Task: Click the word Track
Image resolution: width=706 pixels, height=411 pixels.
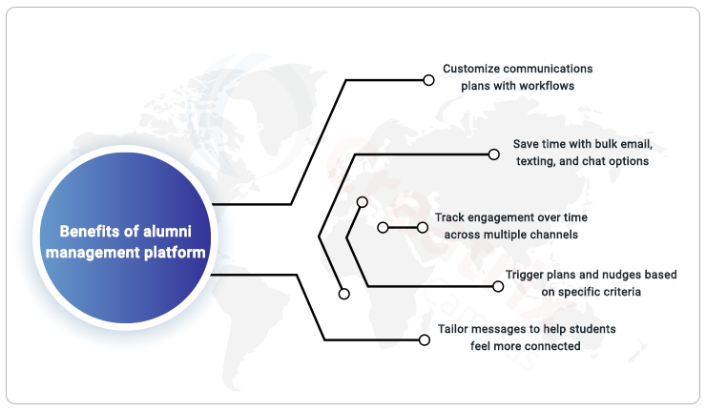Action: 449,217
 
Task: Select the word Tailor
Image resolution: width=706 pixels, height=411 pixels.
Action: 452,329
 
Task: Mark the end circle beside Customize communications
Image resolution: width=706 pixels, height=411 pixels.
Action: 428,80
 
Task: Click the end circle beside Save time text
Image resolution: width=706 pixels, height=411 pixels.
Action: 494,154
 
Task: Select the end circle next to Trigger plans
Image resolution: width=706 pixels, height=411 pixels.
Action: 498,286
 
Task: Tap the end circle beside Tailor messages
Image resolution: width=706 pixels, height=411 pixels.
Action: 425,339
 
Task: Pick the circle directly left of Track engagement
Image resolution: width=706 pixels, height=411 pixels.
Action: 423,228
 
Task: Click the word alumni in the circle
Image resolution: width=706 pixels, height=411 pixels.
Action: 167,232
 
